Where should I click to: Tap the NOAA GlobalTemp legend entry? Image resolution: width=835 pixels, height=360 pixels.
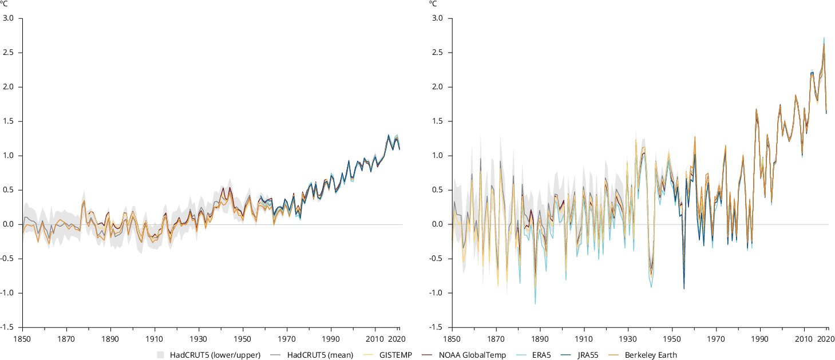(x=472, y=355)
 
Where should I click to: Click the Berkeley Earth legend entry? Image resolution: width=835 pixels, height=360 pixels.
(x=651, y=355)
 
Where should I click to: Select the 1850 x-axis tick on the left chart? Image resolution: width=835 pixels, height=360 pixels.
(x=22, y=338)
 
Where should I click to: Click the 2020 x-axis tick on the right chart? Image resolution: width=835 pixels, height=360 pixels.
(x=825, y=338)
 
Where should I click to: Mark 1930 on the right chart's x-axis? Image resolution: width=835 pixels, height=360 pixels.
(x=628, y=338)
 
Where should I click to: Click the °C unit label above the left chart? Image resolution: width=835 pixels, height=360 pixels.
(x=3, y=4)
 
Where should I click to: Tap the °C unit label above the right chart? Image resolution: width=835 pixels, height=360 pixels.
(x=433, y=4)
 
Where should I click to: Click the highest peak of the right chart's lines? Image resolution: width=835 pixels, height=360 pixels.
(x=824, y=38)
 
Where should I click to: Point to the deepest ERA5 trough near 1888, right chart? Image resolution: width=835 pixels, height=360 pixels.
(x=535, y=303)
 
